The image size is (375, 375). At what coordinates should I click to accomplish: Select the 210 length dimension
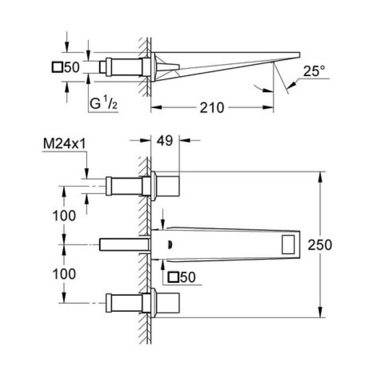click(x=212, y=107)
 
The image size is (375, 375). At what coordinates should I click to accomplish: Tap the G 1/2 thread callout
click(x=102, y=104)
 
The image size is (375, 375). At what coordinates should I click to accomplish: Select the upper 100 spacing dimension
click(x=64, y=215)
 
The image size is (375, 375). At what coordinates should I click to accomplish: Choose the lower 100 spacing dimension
click(x=64, y=273)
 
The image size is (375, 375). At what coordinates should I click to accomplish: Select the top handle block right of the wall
click(x=168, y=185)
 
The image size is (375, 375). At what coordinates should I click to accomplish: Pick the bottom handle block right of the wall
click(x=168, y=304)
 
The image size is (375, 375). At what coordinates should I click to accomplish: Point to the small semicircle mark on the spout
click(x=170, y=245)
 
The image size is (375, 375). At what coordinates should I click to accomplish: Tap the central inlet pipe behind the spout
click(x=123, y=245)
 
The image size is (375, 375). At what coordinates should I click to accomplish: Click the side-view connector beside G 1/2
click(x=124, y=67)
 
